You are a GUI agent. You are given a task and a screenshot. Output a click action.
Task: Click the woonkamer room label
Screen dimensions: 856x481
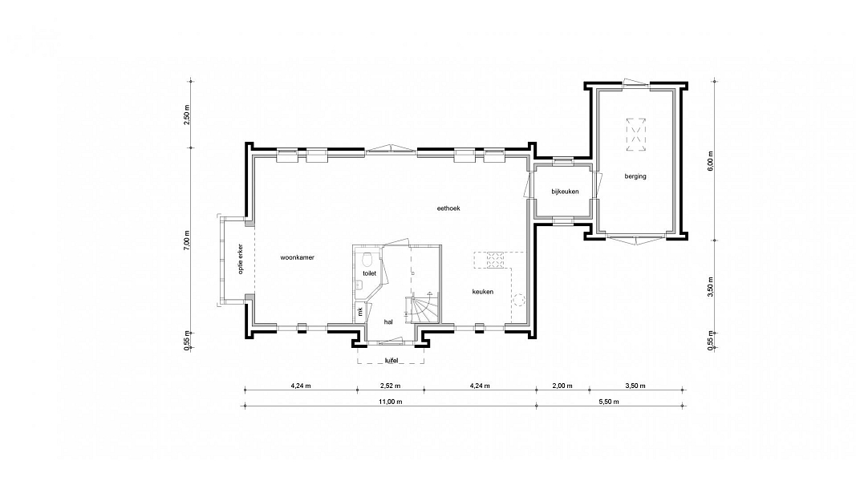298,257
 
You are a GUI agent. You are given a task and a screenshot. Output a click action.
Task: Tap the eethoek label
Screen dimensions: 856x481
448,208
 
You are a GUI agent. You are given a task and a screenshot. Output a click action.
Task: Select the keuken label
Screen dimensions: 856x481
483,292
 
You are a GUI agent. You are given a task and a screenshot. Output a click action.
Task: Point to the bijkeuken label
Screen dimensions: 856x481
565,192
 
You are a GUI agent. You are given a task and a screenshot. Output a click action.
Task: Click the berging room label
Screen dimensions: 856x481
635,176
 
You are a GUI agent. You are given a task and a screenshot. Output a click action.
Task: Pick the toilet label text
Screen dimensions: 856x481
370,273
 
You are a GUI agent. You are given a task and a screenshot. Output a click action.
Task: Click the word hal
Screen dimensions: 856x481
388,321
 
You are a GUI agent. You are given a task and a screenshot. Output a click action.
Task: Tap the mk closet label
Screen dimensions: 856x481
359,311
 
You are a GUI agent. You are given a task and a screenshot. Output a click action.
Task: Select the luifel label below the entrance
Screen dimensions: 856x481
391,361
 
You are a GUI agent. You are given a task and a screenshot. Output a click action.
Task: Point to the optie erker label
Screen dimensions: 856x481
241,258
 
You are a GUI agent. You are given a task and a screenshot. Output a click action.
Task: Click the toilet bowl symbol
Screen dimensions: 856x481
367,258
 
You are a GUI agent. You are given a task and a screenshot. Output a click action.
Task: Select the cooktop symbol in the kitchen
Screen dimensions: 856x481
495,260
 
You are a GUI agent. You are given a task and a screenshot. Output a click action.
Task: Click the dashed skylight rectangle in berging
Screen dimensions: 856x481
635,134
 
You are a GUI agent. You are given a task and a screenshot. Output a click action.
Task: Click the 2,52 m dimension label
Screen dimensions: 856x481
391,386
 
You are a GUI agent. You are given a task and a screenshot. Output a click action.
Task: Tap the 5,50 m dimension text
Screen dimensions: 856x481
609,402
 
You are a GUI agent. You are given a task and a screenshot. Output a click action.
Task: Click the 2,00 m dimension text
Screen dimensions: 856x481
562,386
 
